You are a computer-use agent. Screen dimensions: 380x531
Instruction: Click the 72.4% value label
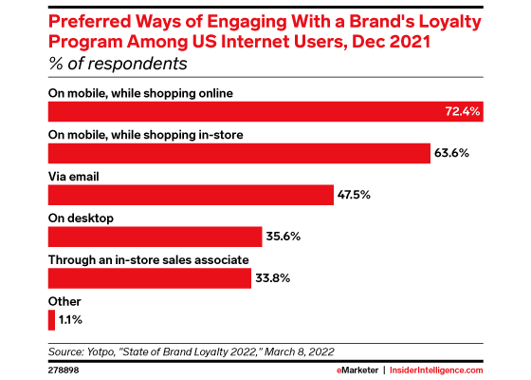click(464, 112)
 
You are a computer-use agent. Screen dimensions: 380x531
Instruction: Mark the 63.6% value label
click(453, 154)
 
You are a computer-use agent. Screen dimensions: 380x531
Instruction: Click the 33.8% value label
click(275, 278)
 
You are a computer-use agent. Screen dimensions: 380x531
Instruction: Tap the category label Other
click(63, 301)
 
